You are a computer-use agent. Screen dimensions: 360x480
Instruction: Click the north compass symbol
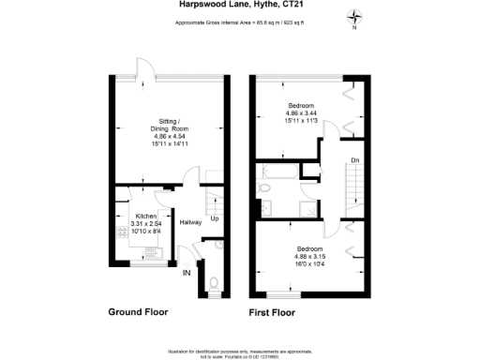point(354,17)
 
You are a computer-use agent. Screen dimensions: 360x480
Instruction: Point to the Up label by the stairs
point(214,218)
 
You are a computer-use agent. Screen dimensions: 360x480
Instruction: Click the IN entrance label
point(186,273)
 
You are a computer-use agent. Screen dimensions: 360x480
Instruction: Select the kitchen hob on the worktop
point(149,251)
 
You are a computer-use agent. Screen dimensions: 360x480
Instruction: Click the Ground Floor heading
point(138,312)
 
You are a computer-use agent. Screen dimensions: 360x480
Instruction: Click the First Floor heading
point(272,312)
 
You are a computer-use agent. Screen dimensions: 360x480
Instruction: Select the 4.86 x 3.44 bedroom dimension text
point(300,112)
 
